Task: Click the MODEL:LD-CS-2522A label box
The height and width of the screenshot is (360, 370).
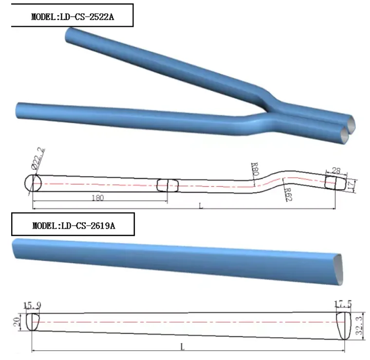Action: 68,15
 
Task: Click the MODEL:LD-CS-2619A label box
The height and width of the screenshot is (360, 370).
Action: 68,225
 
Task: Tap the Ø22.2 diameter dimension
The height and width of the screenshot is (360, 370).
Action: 41,160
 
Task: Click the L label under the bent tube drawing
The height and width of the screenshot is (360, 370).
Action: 201,206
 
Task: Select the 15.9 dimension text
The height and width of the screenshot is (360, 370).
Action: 32,306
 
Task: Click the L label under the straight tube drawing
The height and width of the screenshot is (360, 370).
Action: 183,346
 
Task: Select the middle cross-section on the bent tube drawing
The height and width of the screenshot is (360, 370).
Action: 167,185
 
